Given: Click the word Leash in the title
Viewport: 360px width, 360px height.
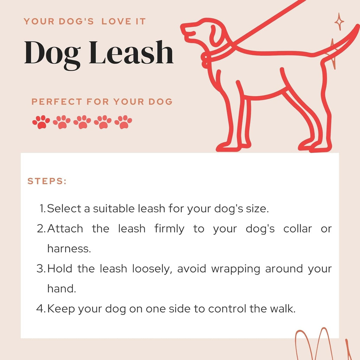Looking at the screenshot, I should (x=131, y=53).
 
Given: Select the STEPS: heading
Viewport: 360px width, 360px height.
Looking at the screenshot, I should (x=47, y=181).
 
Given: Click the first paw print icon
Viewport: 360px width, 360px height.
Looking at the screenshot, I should (x=41, y=122).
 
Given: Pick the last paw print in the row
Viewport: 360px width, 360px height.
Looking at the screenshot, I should (x=123, y=122).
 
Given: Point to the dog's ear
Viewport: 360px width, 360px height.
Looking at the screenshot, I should (x=216, y=34).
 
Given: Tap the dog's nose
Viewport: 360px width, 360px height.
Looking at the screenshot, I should (x=183, y=28).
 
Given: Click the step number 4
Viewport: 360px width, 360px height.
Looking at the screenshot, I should (x=41, y=309).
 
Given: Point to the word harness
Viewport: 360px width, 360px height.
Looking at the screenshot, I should (x=69, y=249).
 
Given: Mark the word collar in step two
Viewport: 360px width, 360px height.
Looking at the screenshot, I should (x=298, y=229).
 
